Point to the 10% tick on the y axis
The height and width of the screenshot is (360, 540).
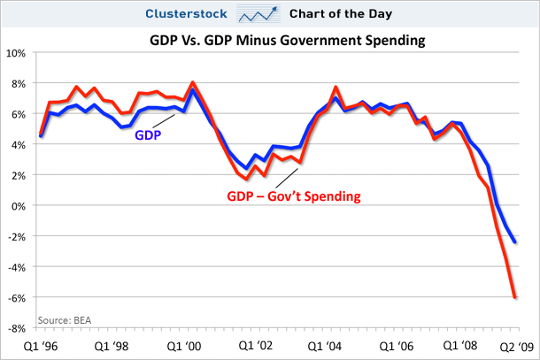click(16, 52)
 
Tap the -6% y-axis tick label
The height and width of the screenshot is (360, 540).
click(16, 297)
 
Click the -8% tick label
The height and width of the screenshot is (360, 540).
click(16, 328)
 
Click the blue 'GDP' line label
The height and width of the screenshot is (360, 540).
click(149, 135)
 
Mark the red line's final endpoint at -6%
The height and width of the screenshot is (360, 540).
click(515, 296)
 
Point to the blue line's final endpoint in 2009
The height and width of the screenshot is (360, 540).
click(515, 241)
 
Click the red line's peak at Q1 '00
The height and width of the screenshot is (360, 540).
click(193, 83)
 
